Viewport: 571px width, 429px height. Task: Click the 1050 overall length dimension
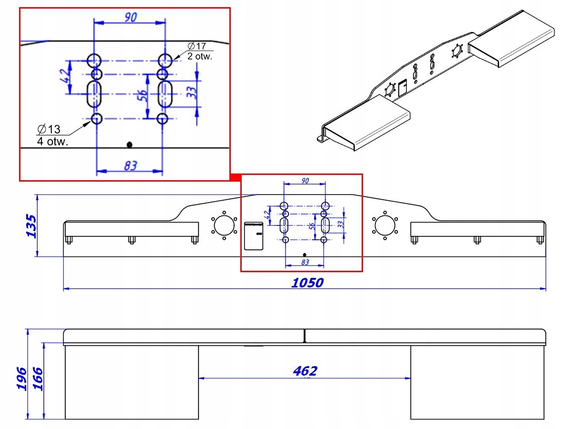coord(307,283)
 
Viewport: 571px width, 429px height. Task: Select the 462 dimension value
coord(305,371)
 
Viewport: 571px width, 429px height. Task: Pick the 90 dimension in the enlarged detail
coord(130,17)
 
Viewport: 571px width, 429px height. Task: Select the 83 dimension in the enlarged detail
coord(130,165)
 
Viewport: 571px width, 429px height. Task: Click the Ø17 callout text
coord(197,46)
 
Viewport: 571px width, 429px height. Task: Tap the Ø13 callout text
coord(49,129)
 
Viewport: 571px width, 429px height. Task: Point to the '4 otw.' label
coord(52,142)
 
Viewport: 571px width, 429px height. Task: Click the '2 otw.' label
coord(200,56)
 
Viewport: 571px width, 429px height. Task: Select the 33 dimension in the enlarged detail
coord(191,92)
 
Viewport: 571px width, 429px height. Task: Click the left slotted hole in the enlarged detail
coord(95,94)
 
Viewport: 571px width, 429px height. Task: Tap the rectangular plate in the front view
coord(254,236)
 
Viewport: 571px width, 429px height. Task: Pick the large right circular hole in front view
coord(384,225)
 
